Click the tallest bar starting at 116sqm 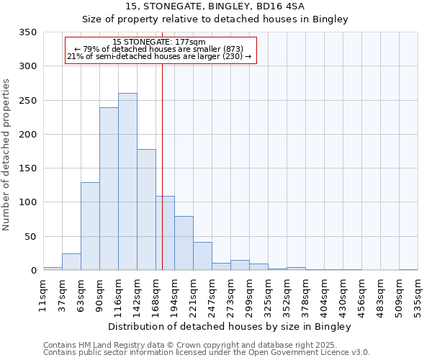[127, 181]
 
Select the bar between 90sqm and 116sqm [109, 189]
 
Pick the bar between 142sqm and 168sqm [146, 210]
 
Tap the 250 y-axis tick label [28, 101]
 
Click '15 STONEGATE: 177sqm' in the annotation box [159, 42]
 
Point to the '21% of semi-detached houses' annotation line [159, 56]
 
